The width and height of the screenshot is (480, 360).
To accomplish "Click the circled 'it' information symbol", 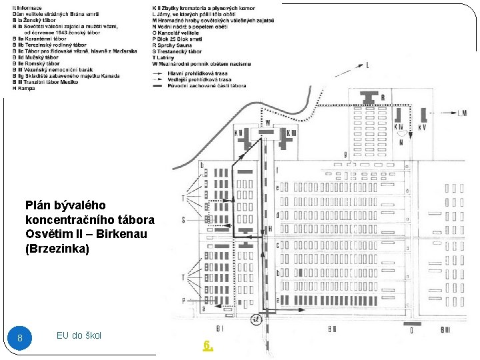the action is (256, 319).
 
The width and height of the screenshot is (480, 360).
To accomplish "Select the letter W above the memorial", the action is (267, 123).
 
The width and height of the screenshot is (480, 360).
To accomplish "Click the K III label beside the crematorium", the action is (291, 133).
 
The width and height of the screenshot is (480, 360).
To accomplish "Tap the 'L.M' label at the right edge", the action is (463, 113).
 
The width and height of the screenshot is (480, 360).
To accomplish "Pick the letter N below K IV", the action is (401, 141).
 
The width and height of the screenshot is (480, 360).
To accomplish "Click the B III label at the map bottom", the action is (446, 329).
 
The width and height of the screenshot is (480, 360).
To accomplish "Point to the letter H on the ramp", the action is (270, 228).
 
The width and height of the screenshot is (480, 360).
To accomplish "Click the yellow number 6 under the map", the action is (208, 345).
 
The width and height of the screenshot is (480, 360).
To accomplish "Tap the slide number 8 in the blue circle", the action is (20, 338).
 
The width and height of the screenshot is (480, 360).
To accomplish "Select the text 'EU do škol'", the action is (79, 335).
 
